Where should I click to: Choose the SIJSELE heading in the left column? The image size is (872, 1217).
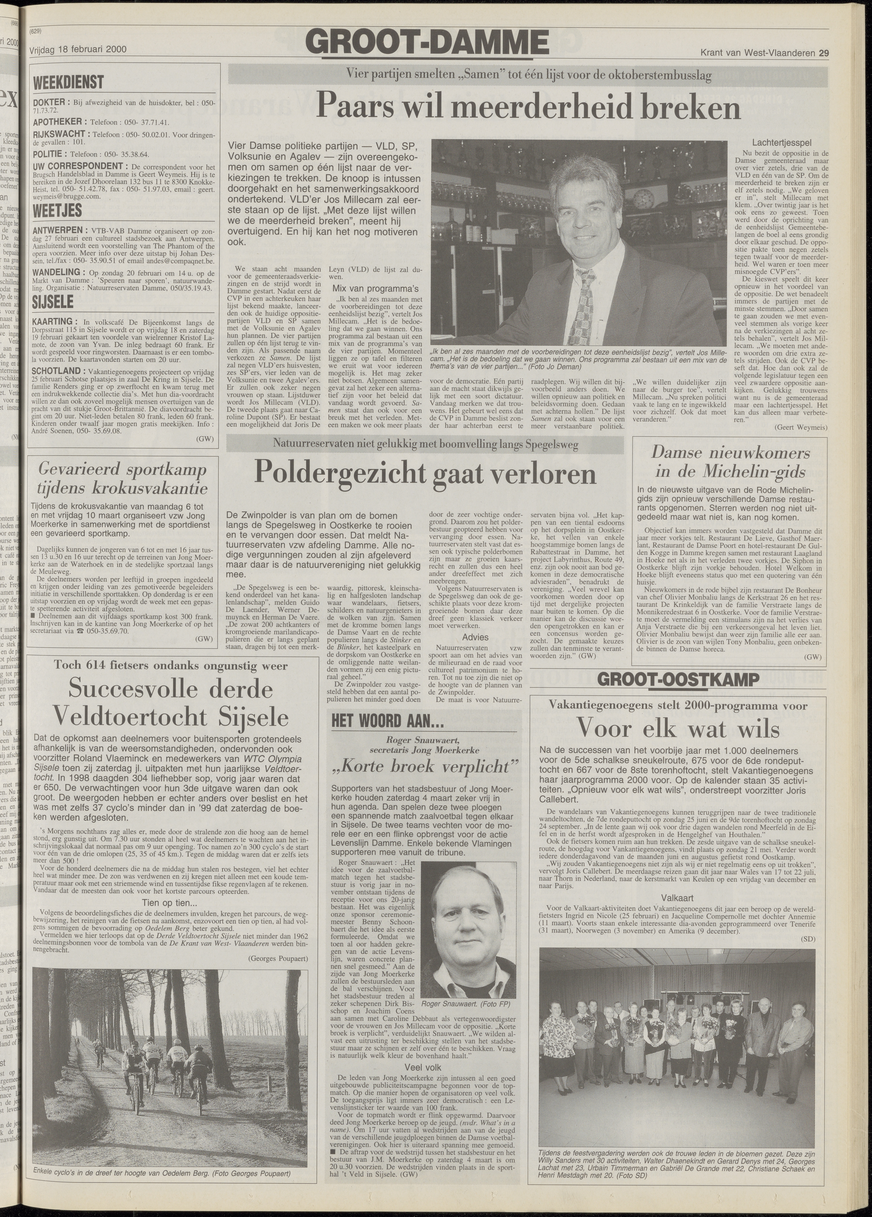coord(53,302)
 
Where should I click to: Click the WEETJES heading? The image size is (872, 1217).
coord(57,210)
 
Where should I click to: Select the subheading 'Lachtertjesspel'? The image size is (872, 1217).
coord(781,143)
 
